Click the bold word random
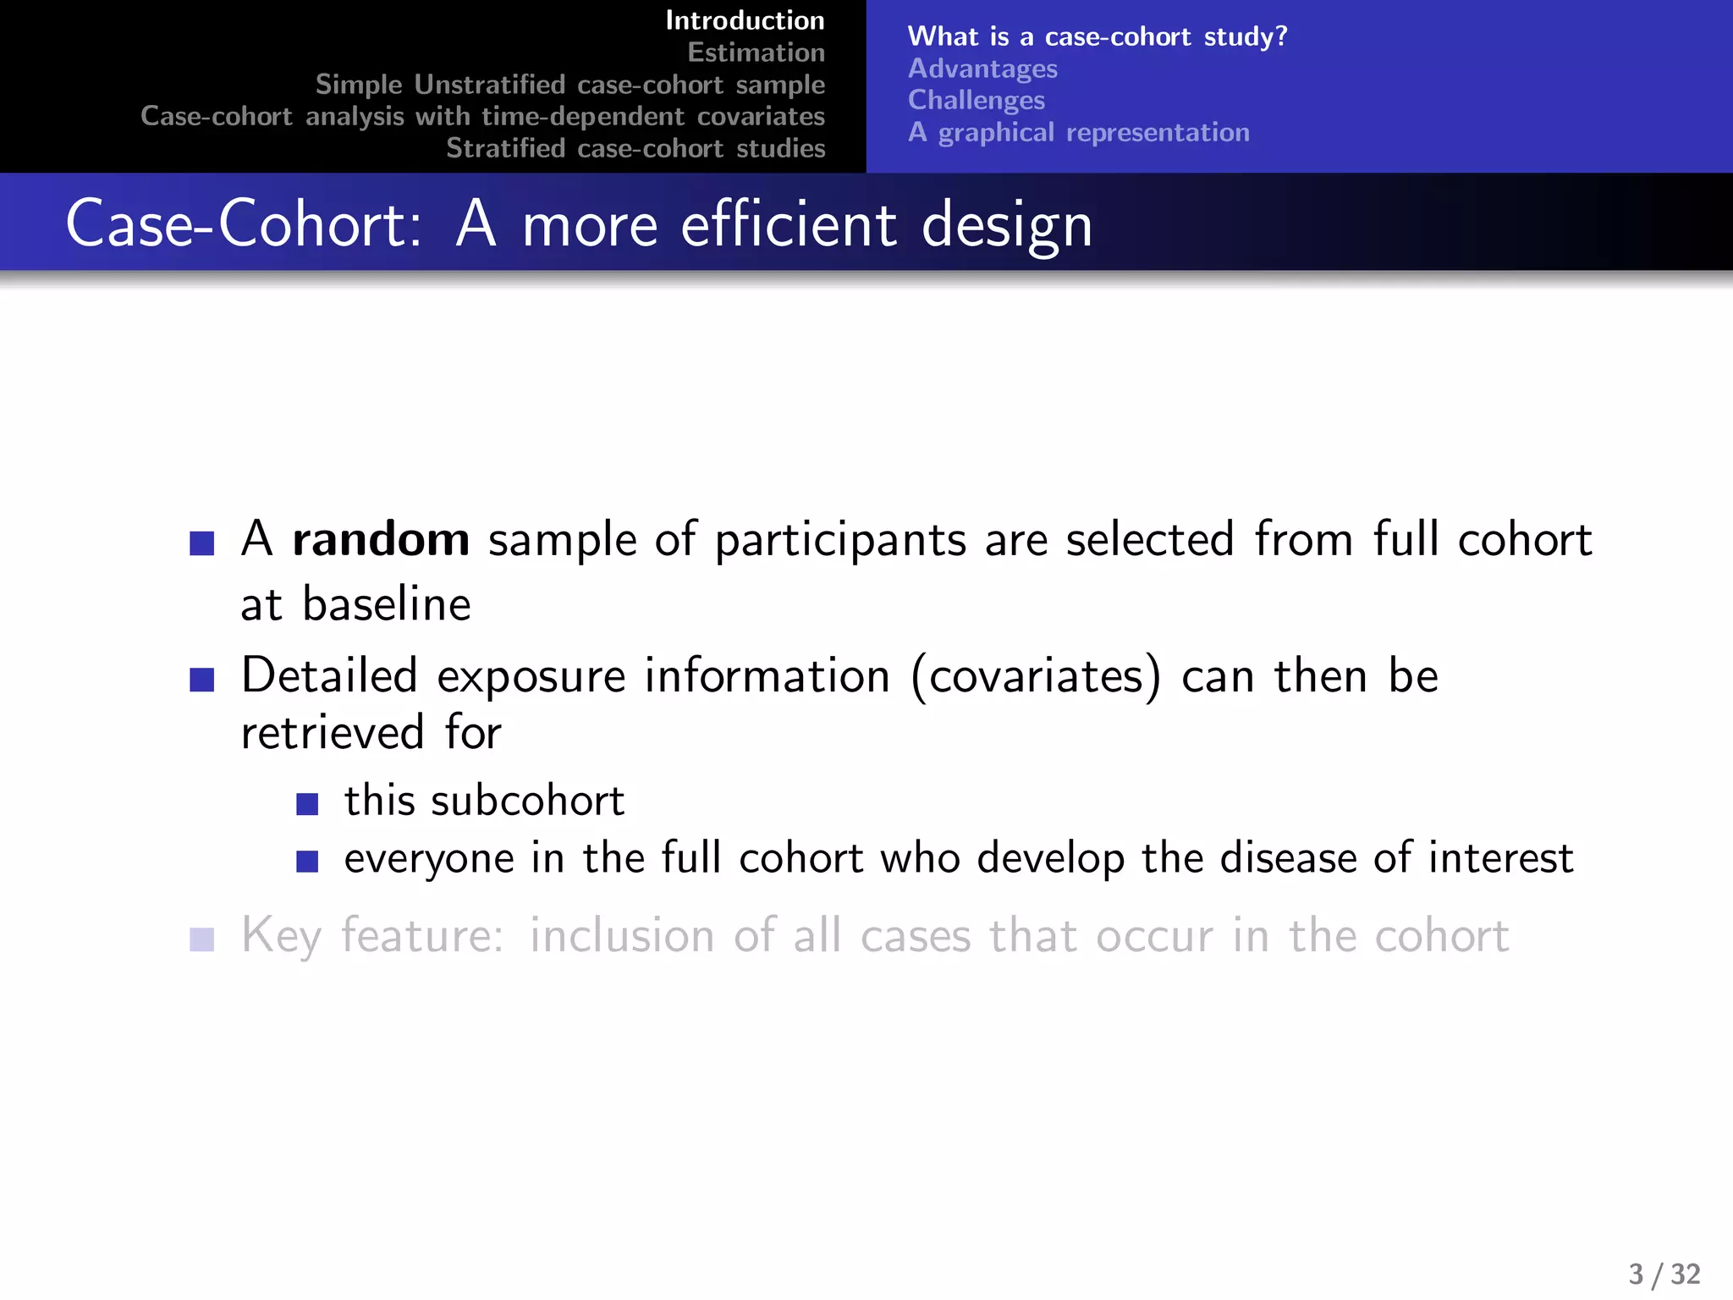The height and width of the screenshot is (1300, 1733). pos(380,539)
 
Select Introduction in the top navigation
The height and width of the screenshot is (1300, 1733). pos(745,20)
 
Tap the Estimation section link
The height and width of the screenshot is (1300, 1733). pos(756,52)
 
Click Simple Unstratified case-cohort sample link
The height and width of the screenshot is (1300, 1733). pos(569,85)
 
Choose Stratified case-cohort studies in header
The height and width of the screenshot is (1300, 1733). pos(635,148)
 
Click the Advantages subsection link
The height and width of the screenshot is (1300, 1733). pos(982,69)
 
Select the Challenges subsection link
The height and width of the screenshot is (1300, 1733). pos(976,100)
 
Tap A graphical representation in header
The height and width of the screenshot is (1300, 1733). pos(1078,132)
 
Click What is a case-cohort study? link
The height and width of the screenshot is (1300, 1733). pos(1097,36)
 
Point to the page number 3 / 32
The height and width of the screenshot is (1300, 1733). pos(1664,1274)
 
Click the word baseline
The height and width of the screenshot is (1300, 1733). pos(386,604)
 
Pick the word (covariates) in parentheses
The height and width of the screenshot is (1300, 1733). pos(1036,676)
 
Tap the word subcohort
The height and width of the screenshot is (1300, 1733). pos(527,801)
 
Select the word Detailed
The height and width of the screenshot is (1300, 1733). pos(329,676)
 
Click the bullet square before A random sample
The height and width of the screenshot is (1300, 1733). pos(201,543)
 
